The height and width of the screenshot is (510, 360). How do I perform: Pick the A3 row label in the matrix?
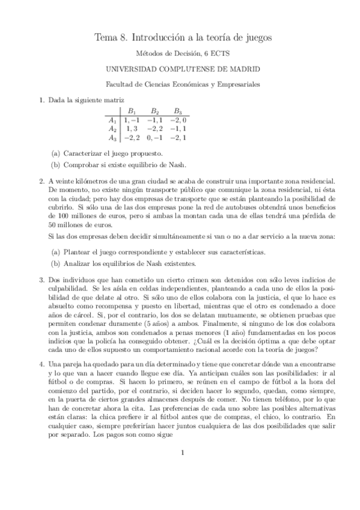pyautogui.click(x=112, y=138)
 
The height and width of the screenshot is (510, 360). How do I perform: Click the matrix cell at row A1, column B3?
pyautogui.click(x=177, y=120)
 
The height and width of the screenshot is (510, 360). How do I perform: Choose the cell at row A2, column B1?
pyautogui.click(x=131, y=129)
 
